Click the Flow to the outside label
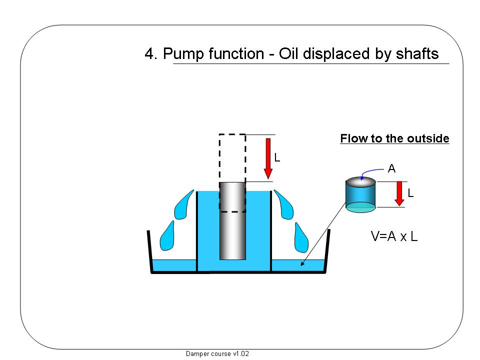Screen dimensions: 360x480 coord(394,138)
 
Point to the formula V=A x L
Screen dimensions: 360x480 coord(394,236)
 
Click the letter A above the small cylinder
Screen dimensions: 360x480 coord(391,169)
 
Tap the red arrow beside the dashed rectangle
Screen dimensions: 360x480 coord(268,159)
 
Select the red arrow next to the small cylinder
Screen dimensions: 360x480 coord(399,193)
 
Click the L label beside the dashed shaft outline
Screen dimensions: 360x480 coord(277,158)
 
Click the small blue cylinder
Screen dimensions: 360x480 coord(360,196)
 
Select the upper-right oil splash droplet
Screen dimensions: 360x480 coord(283,204)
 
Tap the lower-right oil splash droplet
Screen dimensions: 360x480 coord(301,237)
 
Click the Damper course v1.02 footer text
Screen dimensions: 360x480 coord(217,353)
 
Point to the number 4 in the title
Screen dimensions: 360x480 coord(148,54)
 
